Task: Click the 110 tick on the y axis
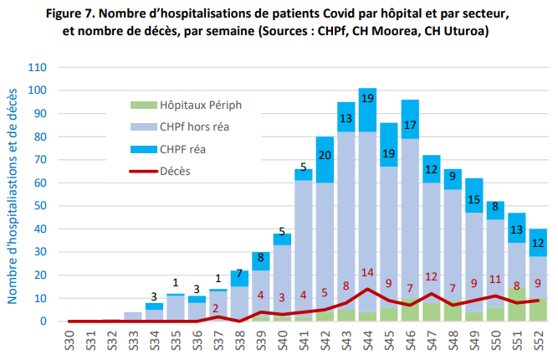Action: click(x=37, y=68)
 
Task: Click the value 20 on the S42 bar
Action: click(x=325, y=154)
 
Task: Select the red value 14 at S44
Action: click(x=367, y=273)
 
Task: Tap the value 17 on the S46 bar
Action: click(x=410, y=126)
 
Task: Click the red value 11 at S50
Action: click(x=494, y=280)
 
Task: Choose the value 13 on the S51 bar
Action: click(x=516, y=229)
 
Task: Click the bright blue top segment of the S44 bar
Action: click(x=367, y=98)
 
